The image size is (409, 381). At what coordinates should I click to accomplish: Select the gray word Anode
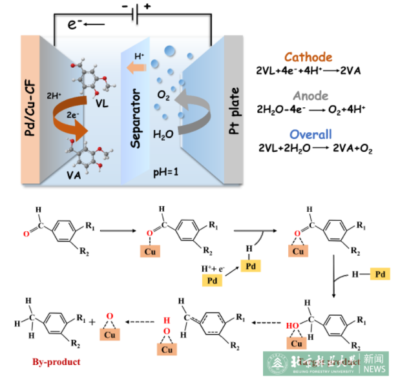tap(310, 96)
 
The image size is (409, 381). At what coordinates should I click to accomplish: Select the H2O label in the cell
tap(163, 135)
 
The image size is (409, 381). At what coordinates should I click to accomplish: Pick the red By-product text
tap(56, 362)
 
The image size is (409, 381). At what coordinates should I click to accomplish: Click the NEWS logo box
tap(373, 364)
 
